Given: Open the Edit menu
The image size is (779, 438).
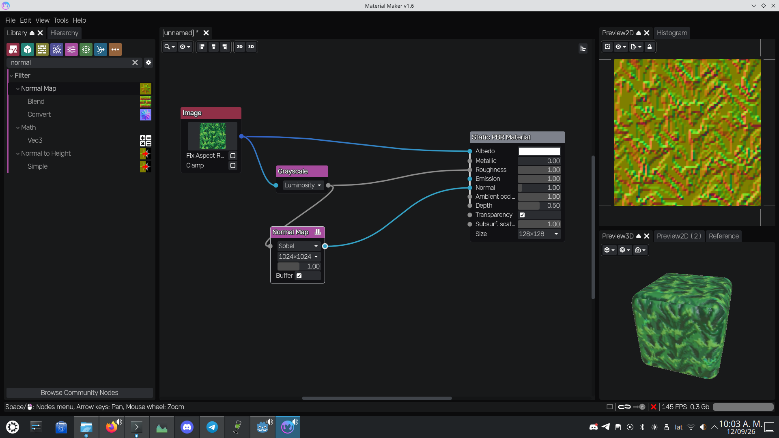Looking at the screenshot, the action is click(25, 20).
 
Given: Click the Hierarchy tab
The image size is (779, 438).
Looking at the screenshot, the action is click(64, 33).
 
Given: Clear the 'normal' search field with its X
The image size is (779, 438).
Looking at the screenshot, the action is click(135, 62).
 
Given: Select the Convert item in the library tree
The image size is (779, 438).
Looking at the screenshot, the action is click(39, 114).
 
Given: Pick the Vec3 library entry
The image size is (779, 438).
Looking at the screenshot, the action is click(35, 140).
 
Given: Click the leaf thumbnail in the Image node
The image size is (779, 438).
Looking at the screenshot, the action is click(213, 136).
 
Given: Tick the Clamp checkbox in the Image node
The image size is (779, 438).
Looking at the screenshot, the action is click(233, 165).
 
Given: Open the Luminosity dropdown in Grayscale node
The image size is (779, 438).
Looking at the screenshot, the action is click(303, 185).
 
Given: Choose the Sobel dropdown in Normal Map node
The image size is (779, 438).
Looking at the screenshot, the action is click(298, 246).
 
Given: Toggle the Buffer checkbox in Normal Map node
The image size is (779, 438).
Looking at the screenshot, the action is click(299, 276).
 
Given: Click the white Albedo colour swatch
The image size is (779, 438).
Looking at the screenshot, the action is click(539, 151).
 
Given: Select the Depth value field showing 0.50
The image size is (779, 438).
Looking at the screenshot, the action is click(539, 206).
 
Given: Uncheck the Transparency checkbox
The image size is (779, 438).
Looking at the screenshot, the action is click(522, 215).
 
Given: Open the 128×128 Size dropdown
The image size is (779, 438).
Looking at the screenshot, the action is click(539, 234).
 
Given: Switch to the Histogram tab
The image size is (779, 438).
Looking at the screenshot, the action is click(672, 33).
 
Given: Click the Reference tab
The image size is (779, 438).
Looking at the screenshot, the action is click(723, 236).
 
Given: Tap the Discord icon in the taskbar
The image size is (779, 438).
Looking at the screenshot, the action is click(187, 427).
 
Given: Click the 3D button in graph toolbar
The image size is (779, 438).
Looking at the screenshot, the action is click(251, 47).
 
